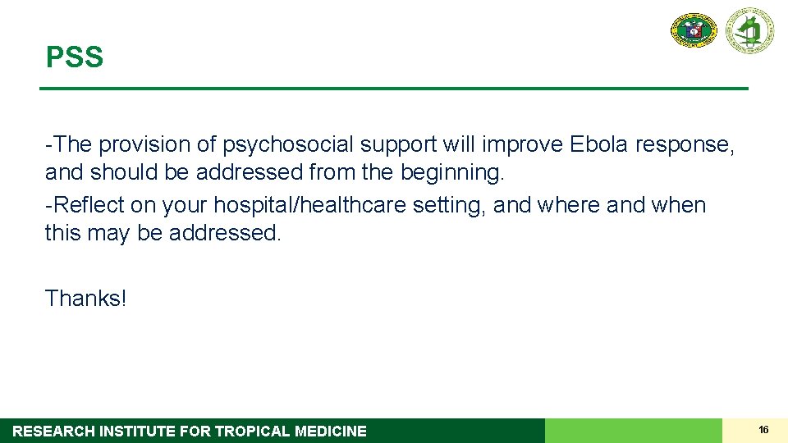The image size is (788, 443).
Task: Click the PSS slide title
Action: (x=75, y=57)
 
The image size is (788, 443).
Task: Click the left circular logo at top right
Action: (x=694, y=30)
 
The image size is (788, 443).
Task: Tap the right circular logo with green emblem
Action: (x=749, y=30)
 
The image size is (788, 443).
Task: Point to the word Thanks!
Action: (x=86, y=298)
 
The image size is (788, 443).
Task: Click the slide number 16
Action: (x=763, y=430)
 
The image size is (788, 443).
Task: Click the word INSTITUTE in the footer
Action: (x=135, y=432)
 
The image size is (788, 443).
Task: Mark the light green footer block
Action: (x=633, y=431)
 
